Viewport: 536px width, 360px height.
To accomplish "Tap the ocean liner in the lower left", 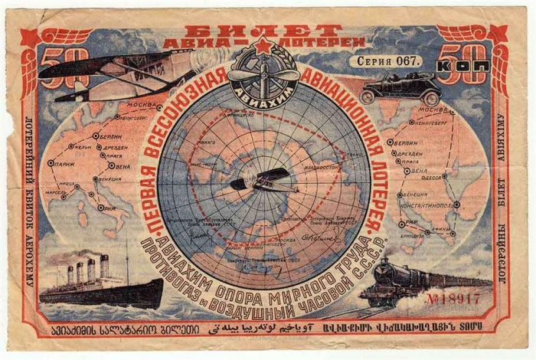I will (100, 284).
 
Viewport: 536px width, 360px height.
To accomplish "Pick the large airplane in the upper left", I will (115, 73).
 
